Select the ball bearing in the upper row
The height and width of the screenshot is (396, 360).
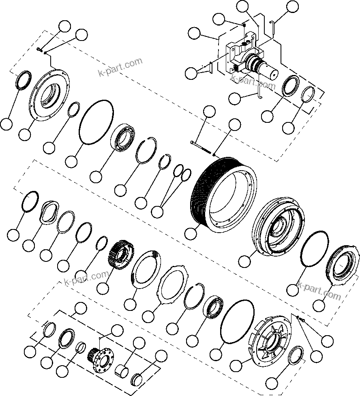coord(123,139)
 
